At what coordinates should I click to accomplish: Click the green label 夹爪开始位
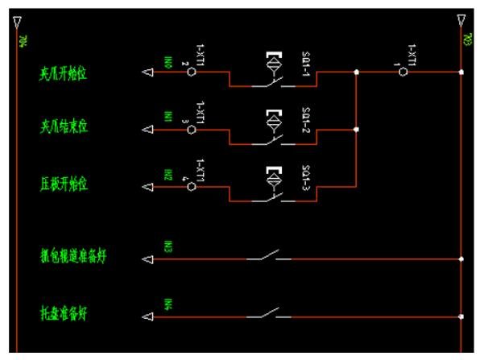tap(64, 74)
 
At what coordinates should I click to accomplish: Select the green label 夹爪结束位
tap(64, 128)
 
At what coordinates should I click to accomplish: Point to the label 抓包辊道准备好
tap(74, 258)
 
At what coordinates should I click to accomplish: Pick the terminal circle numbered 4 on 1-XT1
tap(192, 186)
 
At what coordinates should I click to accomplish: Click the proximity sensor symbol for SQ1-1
tap(274, 61)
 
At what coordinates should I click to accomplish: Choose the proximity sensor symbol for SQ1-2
tap(274, 118)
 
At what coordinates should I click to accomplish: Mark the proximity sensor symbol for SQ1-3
tap(274, 175)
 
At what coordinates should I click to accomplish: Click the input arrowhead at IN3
tap(147, 259)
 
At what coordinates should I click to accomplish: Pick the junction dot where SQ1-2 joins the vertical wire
tap(357, 128)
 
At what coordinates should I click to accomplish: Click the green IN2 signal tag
tap(168, 175)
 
